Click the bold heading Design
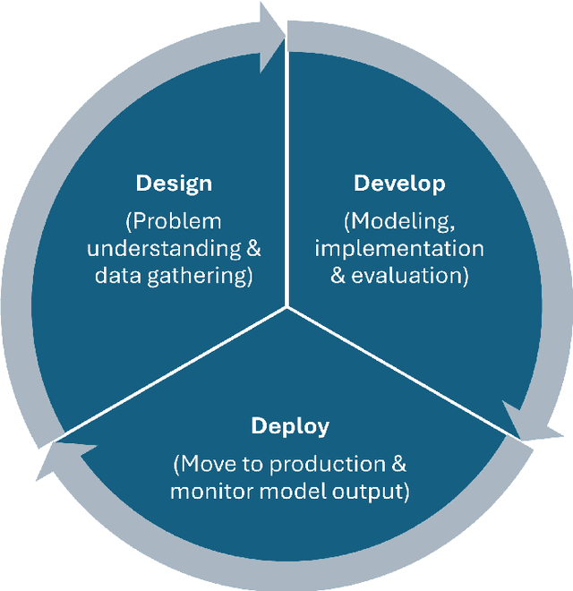(x=174, y=184)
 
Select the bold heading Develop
(x=399, y=184)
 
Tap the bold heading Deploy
(x=290, y=425)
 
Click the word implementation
(x=399, y=248)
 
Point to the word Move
(x=208, y=464)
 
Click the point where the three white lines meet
(x=286, y=307)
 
